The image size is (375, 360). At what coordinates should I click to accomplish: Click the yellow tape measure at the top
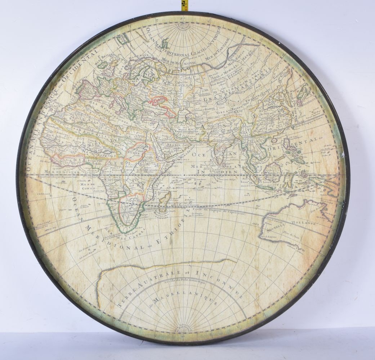coord(185,5)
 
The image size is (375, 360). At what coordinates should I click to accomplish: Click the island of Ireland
coord(103,65)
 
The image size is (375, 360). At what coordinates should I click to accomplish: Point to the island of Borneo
coord(273,171)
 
